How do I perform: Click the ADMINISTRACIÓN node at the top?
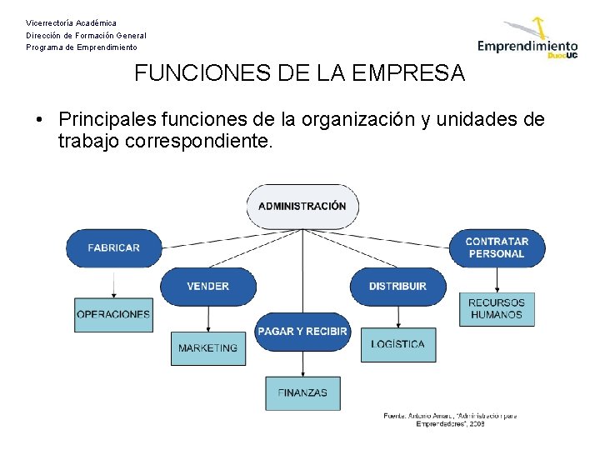(302, 206)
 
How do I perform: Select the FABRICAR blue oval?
(113, 247)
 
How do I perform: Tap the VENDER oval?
(207, 286)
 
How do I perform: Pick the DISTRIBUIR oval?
(397, 286)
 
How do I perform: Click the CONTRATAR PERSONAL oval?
(497, 247)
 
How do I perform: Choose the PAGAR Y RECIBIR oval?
(302, 331)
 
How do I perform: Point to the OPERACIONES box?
(113, 314)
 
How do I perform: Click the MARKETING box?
(207, 347)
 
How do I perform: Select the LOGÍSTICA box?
(397, 344)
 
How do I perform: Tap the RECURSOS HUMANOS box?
(497, 308)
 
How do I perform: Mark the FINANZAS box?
(302, 392)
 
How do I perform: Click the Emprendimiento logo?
(527, 42)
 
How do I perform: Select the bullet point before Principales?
(39, 120)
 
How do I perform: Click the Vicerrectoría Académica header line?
(72, 22)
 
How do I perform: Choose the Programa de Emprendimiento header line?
(82, 47)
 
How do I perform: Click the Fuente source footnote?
(450, 419)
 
